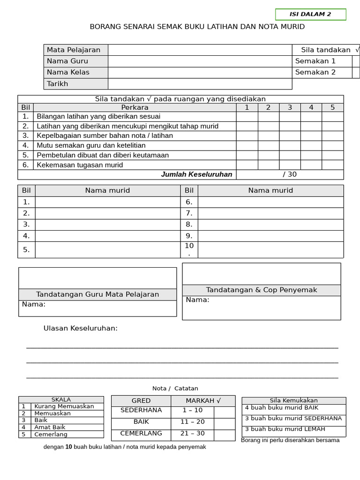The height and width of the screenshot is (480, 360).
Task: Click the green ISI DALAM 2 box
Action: [x=310, y=15]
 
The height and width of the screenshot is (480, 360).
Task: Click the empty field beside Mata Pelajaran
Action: [x=200, y=50]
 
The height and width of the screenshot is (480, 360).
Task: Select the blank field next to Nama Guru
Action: [x=200, y=61]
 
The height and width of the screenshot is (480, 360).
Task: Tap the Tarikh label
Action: [x=58, y=84]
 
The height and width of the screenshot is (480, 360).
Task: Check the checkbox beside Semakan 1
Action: [x=356, y=61]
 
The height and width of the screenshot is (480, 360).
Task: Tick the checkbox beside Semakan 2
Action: [x=356, y=72]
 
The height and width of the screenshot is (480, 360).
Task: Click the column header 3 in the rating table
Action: [x=290, y=107]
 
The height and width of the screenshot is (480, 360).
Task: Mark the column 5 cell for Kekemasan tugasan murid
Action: [x=332, y=165]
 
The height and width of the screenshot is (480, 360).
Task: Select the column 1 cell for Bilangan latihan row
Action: [x=247, y=116]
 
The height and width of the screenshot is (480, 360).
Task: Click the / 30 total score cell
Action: [x=290, y=174]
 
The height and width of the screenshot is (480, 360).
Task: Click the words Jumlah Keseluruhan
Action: [x=196, y=174]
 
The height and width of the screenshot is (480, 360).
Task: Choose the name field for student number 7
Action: [x=270, y=213]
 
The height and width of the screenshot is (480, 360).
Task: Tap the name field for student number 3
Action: [x=108, y=225]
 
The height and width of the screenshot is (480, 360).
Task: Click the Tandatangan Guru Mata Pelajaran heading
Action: [x=97, y=294]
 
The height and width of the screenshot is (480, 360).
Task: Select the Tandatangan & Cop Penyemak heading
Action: [x=262, y=290]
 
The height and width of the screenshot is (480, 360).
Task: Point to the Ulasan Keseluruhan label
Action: [x=81, y=328]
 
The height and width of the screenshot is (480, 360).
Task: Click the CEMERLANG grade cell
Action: [x=141, y=434]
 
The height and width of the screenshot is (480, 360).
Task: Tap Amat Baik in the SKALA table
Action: [x=50, y=427]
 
